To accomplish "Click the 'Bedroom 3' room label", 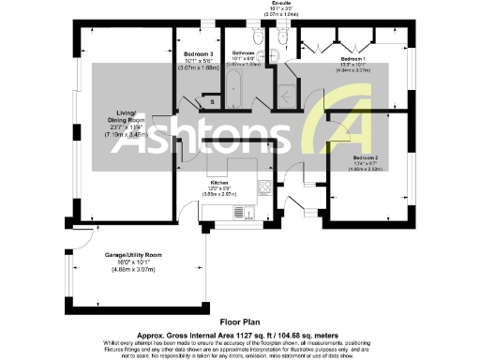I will point(199,53).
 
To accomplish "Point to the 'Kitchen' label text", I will point(220,183).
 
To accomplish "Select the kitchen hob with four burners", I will point(265,184).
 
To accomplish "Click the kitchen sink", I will point(245,213).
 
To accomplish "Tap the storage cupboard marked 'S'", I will point(211,100).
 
